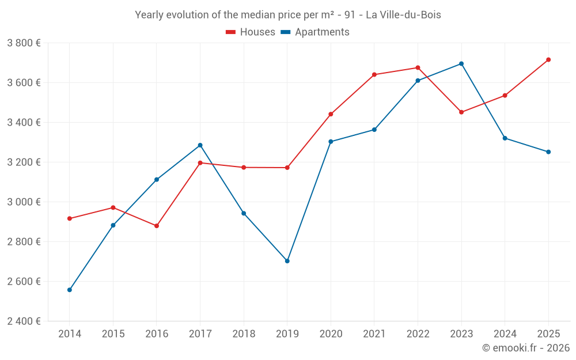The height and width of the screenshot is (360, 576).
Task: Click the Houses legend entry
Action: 251,32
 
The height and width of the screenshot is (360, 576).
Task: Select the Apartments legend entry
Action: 315,32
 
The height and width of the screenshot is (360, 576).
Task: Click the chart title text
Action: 288,15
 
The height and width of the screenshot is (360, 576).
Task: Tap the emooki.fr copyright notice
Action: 525,348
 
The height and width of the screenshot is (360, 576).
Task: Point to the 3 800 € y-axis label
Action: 24,43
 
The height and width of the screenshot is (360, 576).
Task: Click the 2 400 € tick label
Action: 24,321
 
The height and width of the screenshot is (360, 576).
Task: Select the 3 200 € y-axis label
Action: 24,162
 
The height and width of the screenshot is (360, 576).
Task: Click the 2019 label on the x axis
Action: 287,334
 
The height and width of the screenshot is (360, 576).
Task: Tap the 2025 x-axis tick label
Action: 548,334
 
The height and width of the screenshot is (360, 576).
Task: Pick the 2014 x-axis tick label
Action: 70,334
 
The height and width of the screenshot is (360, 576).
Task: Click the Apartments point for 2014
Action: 70,290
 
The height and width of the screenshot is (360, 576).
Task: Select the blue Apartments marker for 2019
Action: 287,261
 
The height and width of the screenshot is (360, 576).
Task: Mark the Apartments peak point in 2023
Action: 461,64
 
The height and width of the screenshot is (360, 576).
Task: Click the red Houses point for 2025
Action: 548,60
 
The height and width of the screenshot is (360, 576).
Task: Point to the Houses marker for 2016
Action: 157,226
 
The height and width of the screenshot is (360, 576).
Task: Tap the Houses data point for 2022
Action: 418,68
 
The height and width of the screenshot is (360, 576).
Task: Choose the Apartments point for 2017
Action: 200,145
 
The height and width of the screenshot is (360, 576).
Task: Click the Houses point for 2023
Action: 461,112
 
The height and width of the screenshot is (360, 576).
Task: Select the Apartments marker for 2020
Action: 331,142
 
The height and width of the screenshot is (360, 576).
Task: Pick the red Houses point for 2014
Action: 70,219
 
